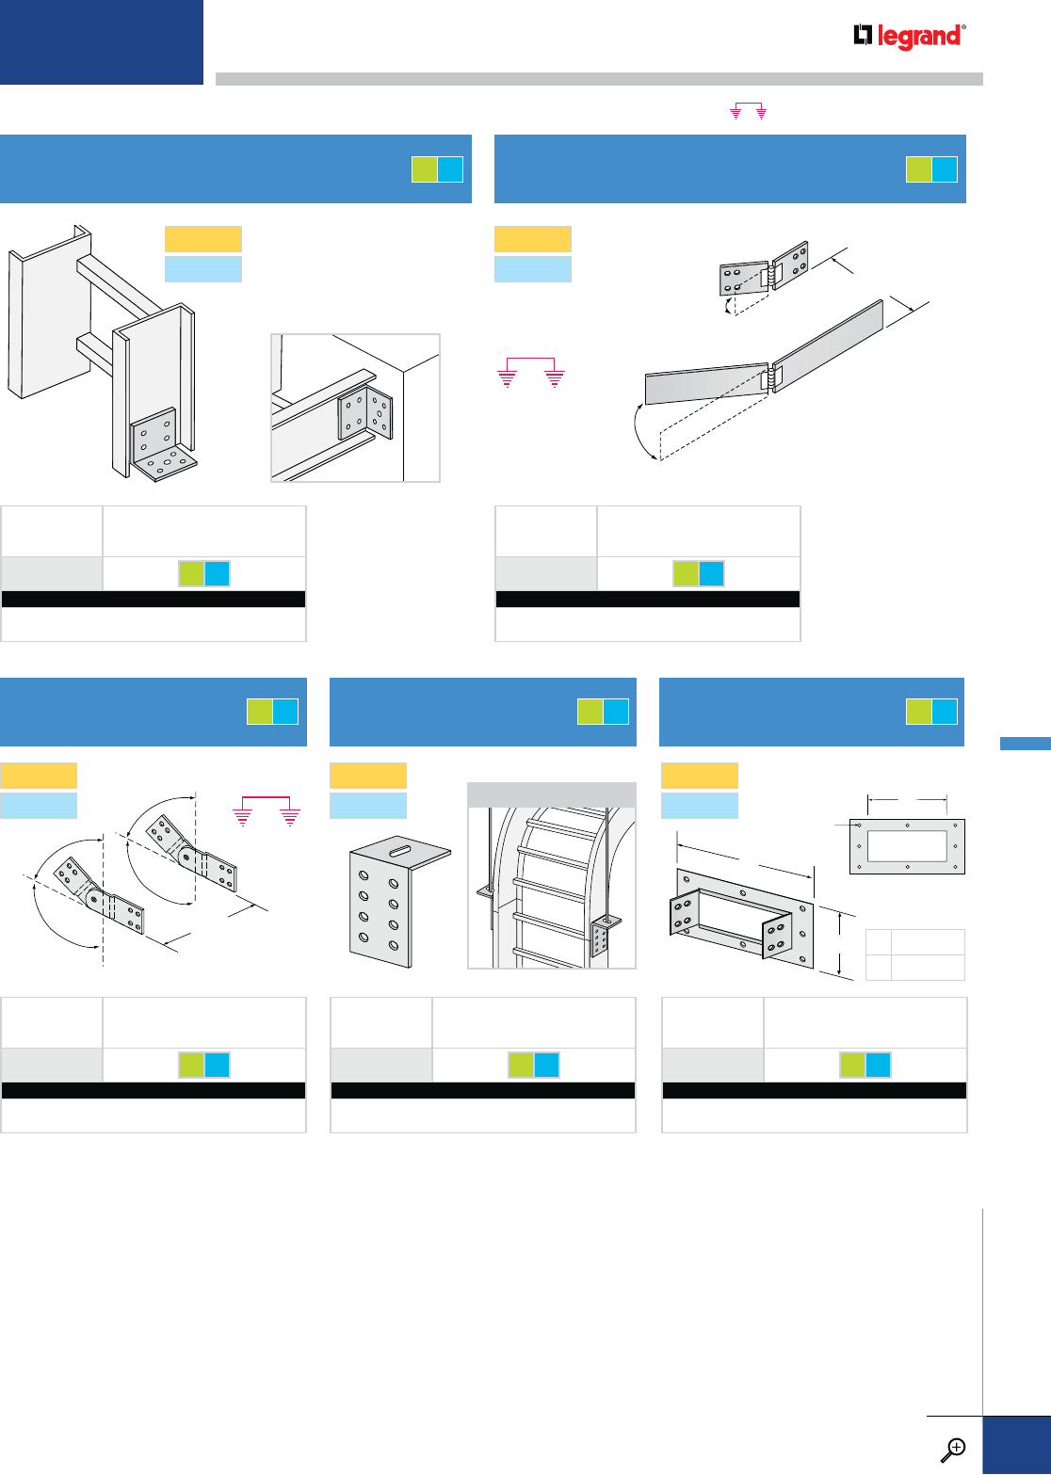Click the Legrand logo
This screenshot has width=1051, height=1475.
coord(909,36)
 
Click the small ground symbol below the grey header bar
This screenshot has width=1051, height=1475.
coord(749,111)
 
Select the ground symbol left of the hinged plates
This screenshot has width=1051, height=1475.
coord(530,373)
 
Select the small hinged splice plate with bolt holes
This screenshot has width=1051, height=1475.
coord(764,268)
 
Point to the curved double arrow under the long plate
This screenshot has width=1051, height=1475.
coord(642,431)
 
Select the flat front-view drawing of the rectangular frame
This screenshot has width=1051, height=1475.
coord(907,846)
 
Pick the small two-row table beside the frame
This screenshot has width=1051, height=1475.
coord(914,954)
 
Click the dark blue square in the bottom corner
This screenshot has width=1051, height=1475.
coord(1016,1445)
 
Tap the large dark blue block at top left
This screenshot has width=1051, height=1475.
coord(102,42)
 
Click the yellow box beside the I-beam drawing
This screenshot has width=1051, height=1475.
coord(202,239)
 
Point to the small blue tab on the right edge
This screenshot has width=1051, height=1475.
coord(1025,744)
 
